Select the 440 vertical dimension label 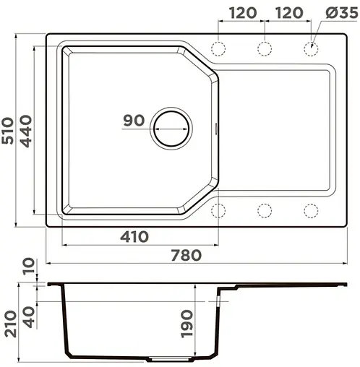pos(27,131)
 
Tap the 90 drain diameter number pos(134,121)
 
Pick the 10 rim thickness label pos(28,268)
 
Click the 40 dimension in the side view pos(28,316)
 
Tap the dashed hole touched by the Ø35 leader pos(311,49)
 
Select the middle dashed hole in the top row pos(265,49)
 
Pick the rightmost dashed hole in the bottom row pos(311,210)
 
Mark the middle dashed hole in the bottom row pos(265,210)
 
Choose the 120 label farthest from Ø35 pos(242,13)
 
